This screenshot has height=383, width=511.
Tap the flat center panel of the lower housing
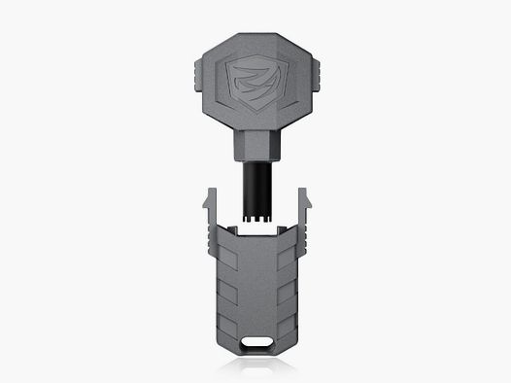(x=256, y=287)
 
